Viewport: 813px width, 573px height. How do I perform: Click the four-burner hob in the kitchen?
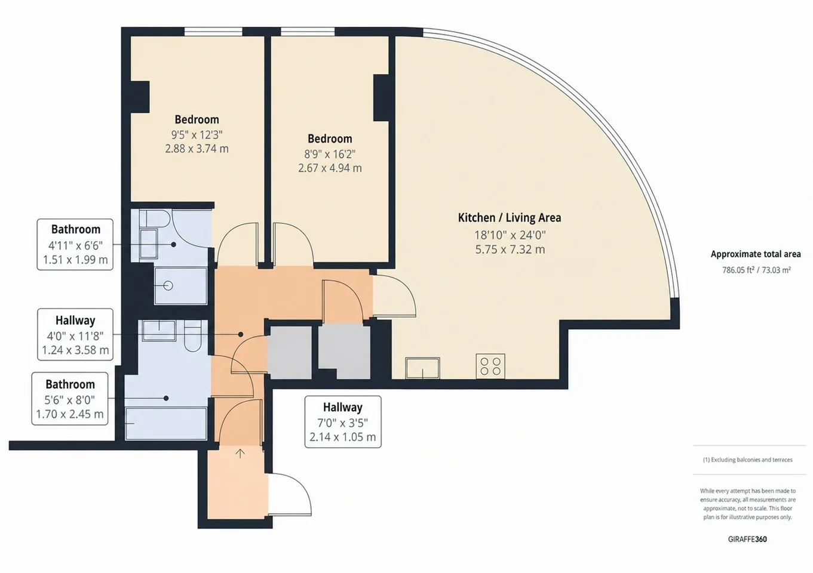(490, 366)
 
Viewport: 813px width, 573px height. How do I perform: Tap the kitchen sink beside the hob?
(423, 368)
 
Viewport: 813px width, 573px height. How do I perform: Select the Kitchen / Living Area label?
(510, 218)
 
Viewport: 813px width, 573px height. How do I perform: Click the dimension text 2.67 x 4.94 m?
(330, 168)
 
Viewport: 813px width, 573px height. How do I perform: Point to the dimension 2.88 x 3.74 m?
(197, 149)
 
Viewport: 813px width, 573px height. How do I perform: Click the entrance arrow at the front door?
(240, 453)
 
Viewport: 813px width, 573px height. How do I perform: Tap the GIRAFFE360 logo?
(747, 539)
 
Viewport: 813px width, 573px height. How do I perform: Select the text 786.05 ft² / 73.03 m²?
(756, 270)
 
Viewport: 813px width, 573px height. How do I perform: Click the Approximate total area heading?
(756, 254)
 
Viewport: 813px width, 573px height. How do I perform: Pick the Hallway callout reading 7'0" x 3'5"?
(343, 422)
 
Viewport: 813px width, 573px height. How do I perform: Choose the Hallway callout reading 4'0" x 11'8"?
(75, 334)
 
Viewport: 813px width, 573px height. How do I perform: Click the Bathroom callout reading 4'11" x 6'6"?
(75, 245)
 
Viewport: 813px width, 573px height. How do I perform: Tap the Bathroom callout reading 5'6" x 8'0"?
(70, 399)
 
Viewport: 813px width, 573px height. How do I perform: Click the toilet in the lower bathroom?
(192, 336)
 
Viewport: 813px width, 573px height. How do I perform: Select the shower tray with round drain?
(181, 286)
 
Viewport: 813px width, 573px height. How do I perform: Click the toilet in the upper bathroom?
(155, 218)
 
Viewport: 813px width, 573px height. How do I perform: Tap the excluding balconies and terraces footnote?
(748, 460)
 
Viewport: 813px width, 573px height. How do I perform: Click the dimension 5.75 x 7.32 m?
(510, 249)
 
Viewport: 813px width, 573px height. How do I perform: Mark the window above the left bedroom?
(213, 32)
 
